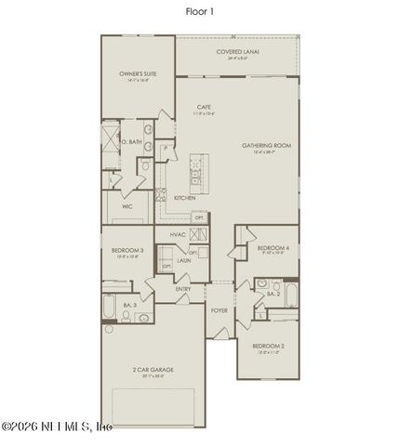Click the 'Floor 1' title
(199, 13)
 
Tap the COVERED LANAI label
(238, 52)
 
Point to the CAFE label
(199, 108)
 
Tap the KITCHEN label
(184, 198)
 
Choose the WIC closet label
(126, 206)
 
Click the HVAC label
(178, 234)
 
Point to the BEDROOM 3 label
(129, 250)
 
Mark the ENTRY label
(183, 289)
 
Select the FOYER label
(219, 310)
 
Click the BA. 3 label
(129, 304)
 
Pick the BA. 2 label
(273, 294)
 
